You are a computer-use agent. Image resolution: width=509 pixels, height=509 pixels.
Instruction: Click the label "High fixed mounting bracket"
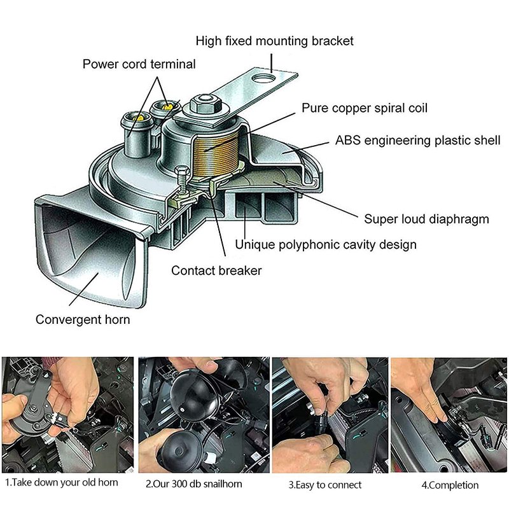(x=274, y=41)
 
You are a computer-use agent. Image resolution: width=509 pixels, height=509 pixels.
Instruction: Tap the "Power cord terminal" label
(x=139, y=64)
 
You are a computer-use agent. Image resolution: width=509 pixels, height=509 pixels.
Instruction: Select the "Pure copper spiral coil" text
(x=365, y=108)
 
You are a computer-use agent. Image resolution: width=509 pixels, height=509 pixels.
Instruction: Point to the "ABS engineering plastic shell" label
(x=418, y=141)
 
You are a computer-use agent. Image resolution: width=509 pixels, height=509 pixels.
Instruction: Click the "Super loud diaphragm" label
(x=426, y=220)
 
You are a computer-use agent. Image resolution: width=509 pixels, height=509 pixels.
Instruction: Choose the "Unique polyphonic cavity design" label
(x=326, y=244)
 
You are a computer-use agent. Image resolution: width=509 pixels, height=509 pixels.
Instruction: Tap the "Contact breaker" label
(x=216, y=270)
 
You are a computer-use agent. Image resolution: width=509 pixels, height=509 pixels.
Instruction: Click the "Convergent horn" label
(x=83, y=319)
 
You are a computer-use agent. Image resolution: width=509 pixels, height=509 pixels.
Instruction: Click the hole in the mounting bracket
(x=263, y=79)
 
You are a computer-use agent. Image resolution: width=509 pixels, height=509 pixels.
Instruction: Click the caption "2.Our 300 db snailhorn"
(x=194, y=484)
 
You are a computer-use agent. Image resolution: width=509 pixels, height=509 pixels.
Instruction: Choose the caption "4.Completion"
(x=450, y=485)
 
